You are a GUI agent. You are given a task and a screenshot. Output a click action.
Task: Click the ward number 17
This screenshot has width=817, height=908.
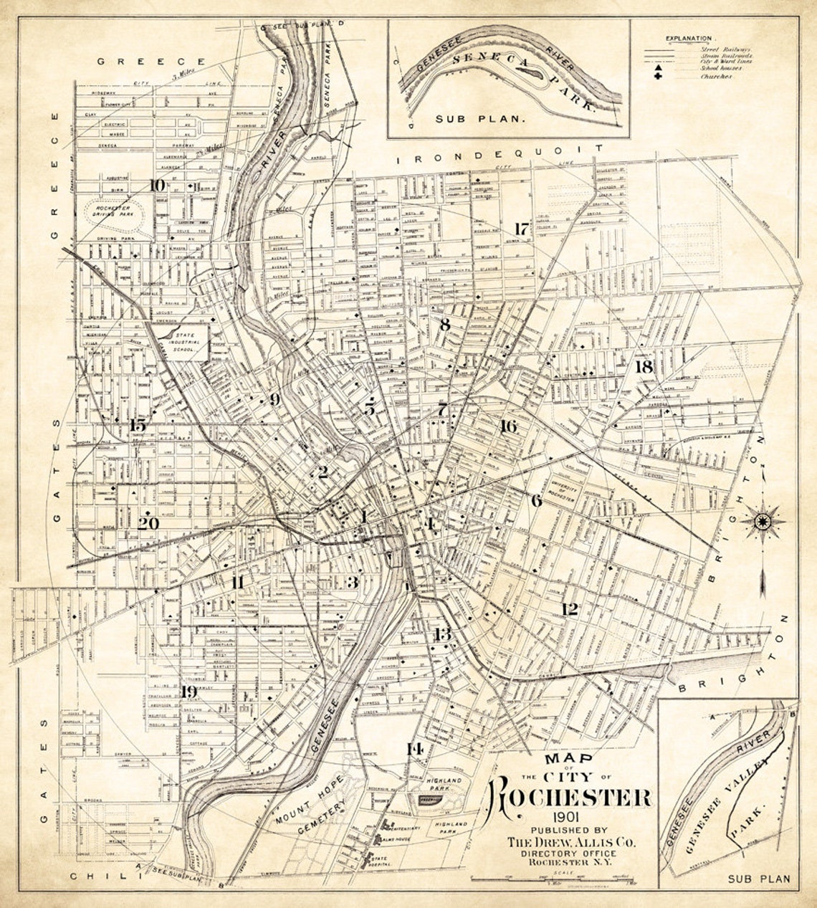click(x=521, y=229)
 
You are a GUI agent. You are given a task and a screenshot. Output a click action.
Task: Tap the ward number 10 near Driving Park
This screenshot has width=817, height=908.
click(x=157, y=185)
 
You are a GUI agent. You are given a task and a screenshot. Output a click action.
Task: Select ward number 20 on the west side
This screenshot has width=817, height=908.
click(x=148, y=523)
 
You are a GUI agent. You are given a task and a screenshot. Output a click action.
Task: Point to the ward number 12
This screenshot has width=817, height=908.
click(x=570, y=609)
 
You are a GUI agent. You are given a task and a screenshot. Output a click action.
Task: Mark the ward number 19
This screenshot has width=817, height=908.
click(x=188, y=692)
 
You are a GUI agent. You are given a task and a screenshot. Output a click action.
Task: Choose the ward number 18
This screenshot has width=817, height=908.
click(x=644, y=366)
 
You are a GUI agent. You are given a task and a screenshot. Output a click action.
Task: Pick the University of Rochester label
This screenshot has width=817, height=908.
click(x=559, y=489)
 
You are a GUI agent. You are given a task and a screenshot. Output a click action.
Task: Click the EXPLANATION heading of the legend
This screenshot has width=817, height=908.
click(x=688, y=38)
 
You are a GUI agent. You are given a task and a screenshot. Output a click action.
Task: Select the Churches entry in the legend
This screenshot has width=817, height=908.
click(x=716, y=76)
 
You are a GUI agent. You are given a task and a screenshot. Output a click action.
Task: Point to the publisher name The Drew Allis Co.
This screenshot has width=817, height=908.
click(x=570, y=842)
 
